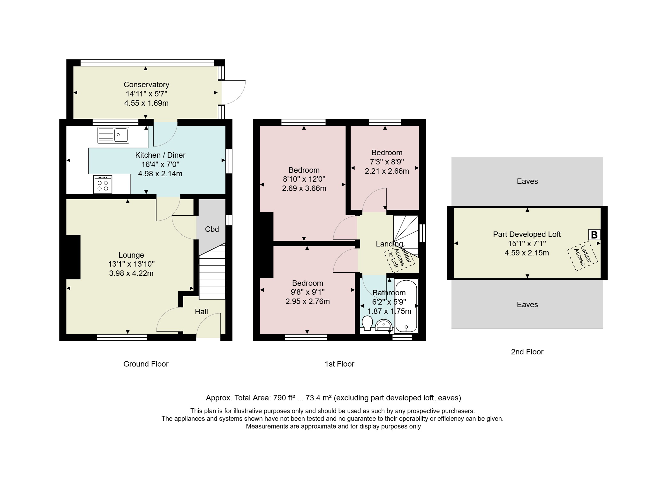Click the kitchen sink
tap(113, 135)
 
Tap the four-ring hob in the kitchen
tap(103, 184)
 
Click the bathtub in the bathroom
tap(406, 306)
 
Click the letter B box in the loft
tap(594, 235)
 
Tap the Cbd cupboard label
tap(212, 229)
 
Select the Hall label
tap(201, 312)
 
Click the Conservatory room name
tap(147, 85)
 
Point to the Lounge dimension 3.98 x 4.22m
tap(131, 273)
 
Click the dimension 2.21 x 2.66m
tap(387, 171)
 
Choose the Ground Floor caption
tap(146, 364)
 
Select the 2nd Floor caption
tap(527, 352)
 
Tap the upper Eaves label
tap(527, 181)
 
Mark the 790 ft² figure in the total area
tap(285, 398)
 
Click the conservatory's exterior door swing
tap(234, 93)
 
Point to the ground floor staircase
tap(212, 271)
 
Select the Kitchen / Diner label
tap(160, 155)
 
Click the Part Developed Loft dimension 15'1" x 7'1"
tap(527, 244)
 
